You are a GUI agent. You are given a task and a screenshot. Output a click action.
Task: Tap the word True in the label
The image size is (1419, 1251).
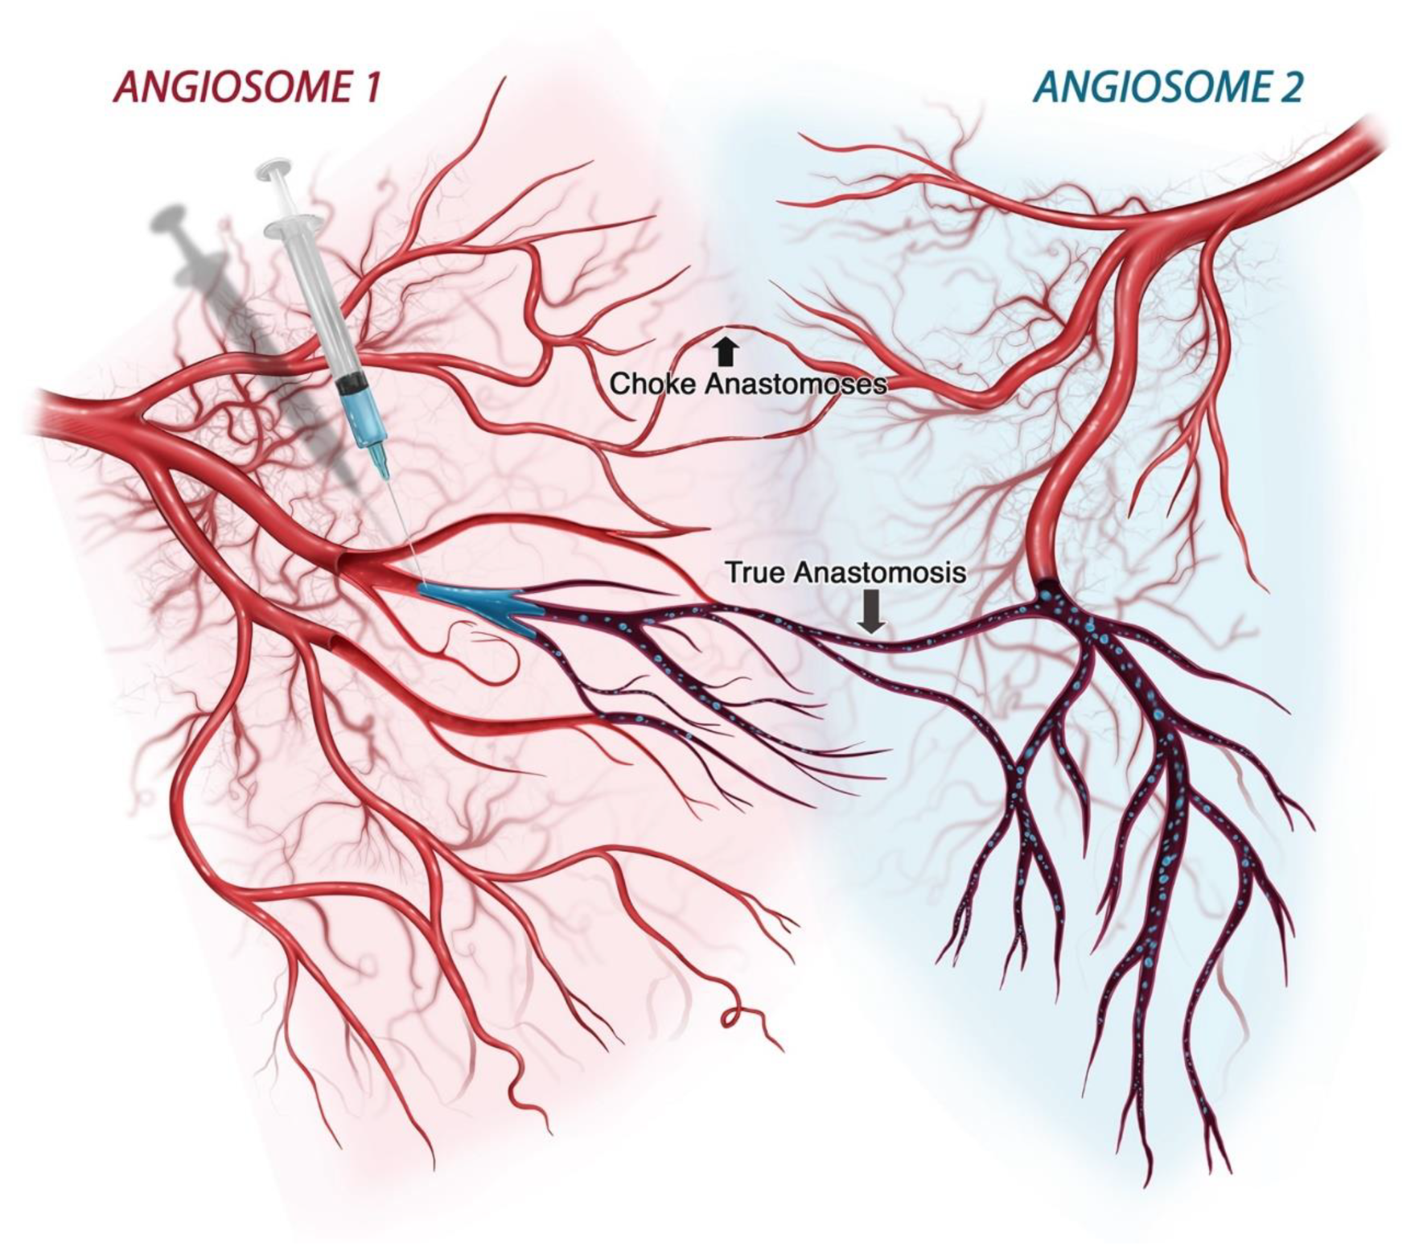click(755, 573)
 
